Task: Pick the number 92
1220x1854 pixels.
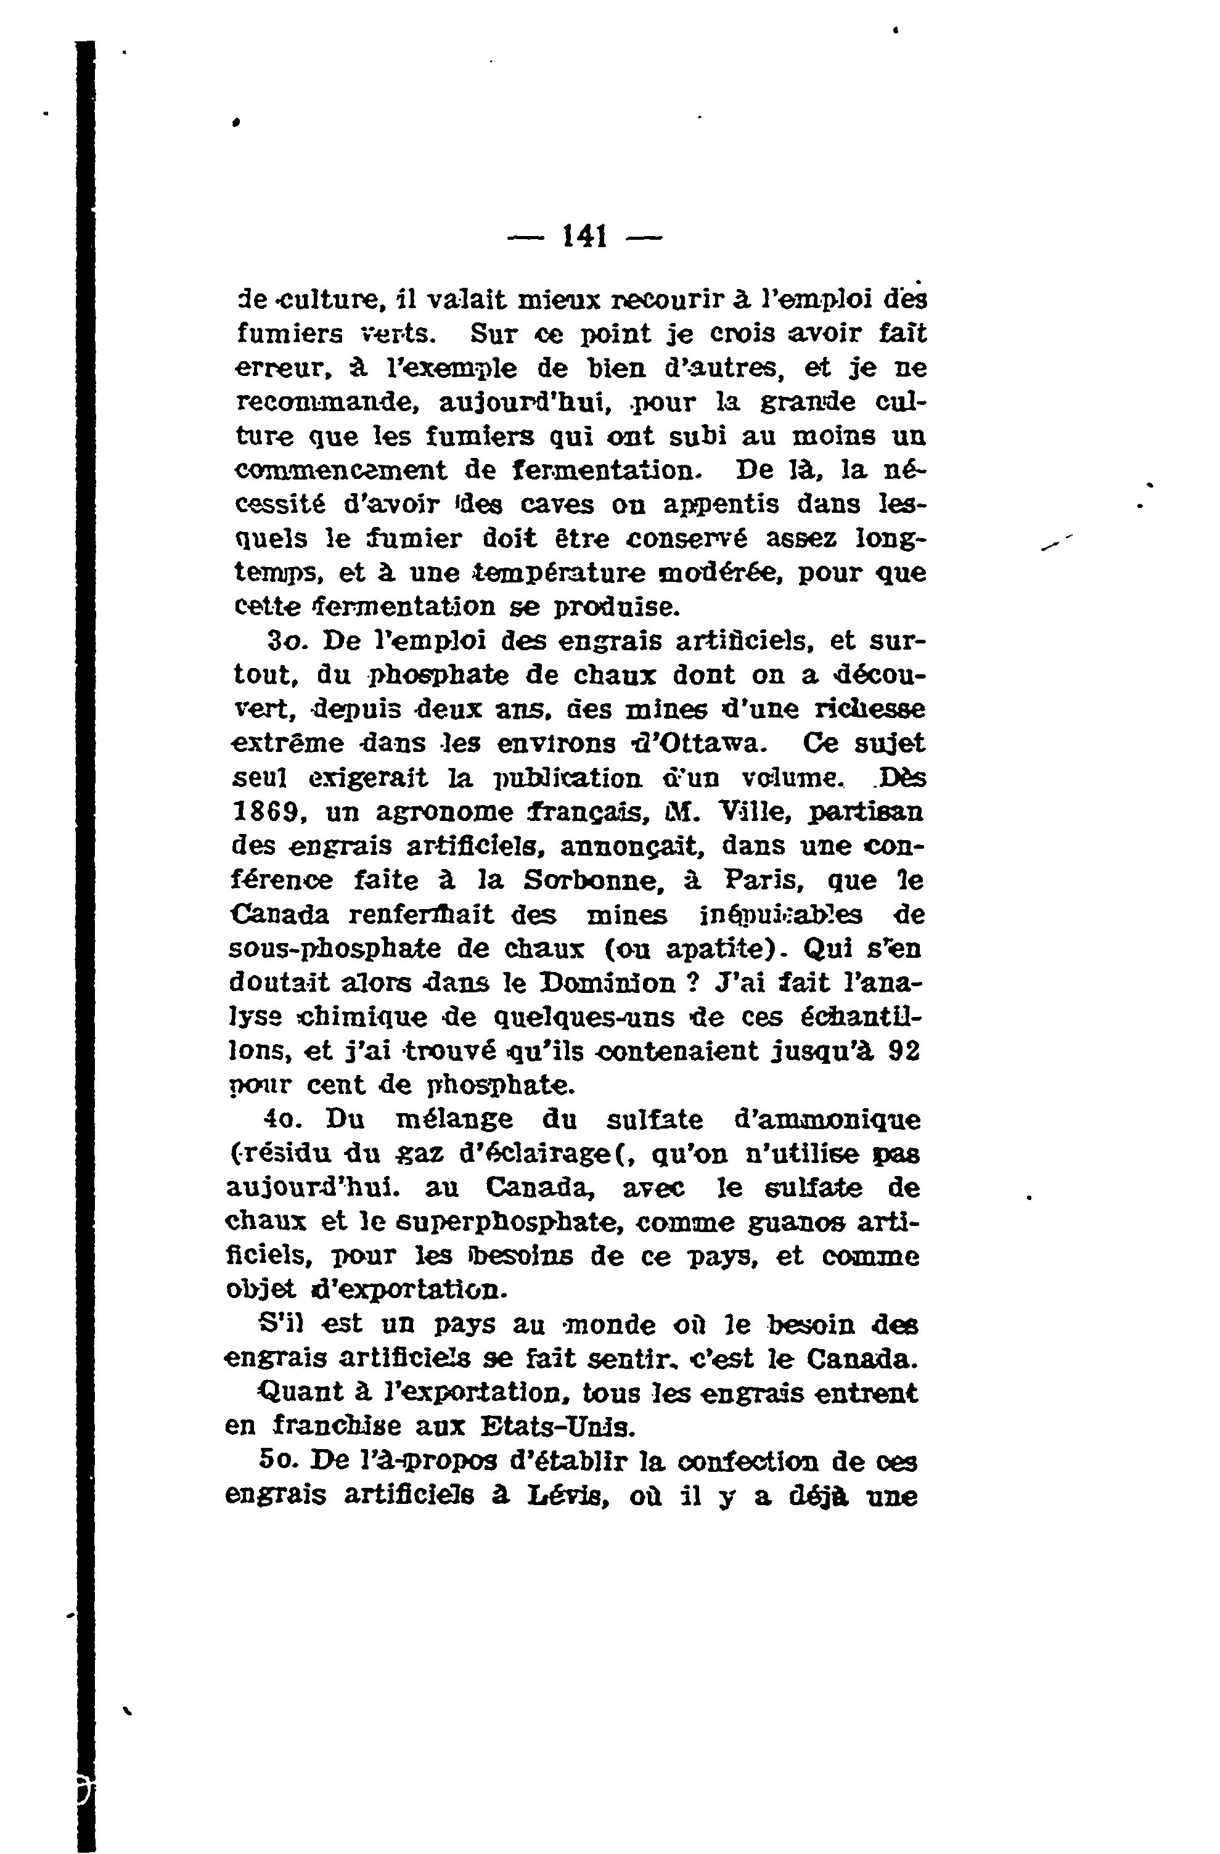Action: click(903, 1051)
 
